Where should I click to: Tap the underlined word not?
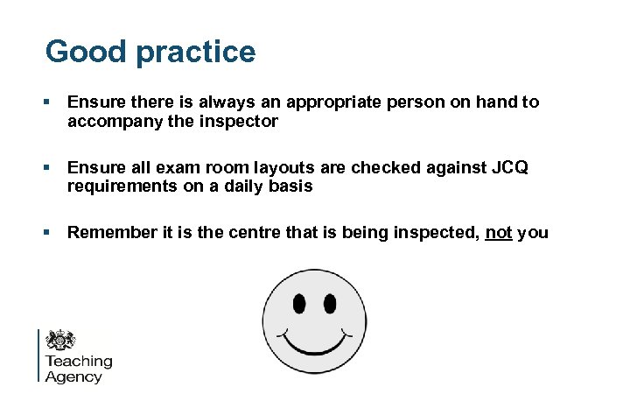[499, 232]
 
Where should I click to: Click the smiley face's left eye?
[298, 303]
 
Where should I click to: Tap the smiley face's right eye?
[330, 303]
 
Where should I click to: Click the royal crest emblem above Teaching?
[60, 341]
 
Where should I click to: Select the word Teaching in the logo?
[79, 361]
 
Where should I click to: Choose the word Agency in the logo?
[73, 377]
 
